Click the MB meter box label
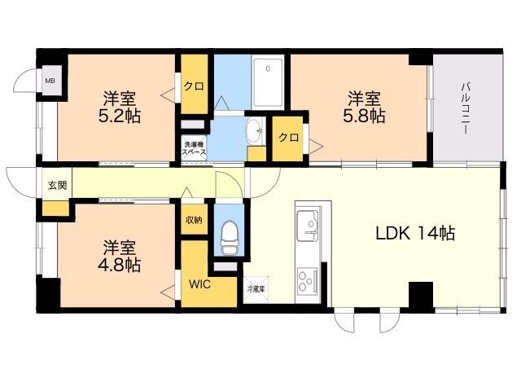[50, 81]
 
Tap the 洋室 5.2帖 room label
[119, 107]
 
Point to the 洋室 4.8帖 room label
[120, 254]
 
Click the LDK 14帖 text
[414, 233]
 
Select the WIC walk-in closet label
[199, 284]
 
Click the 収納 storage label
[193, 220]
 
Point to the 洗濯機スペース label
[194, 148]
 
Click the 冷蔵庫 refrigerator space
[255, 288]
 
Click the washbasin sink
[254, 129]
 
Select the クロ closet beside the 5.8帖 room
[288, 138]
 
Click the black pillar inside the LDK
[420, 294]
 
